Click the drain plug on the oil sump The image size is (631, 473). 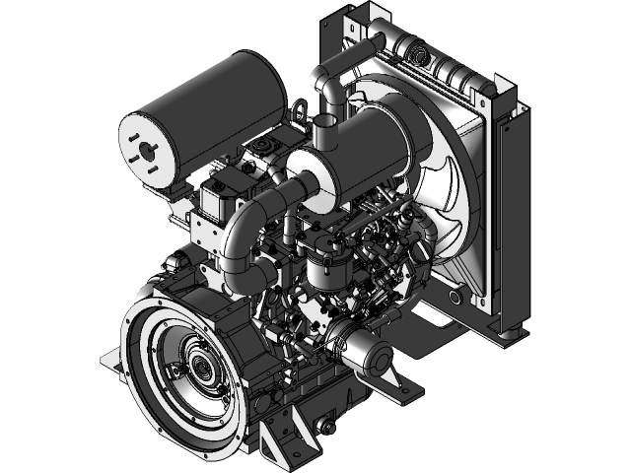tap(318, 426)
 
